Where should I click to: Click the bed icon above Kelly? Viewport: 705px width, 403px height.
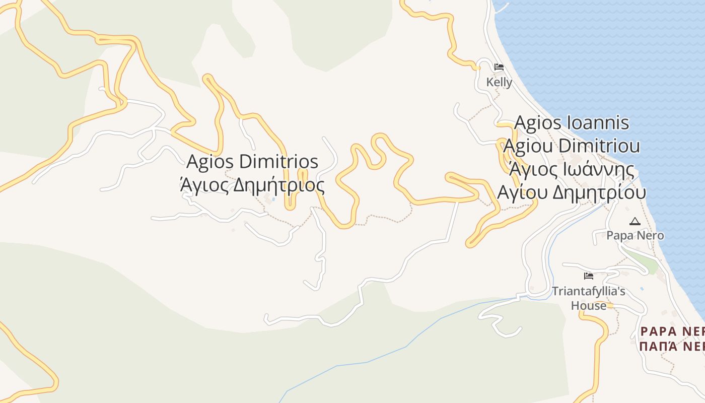coord(499,67)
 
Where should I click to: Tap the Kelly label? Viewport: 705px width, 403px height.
coord(499,82)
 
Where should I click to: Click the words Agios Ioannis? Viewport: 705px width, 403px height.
coord(572,123)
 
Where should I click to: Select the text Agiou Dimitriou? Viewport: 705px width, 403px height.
coord(572,146)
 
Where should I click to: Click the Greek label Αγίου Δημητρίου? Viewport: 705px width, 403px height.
coord(572,192)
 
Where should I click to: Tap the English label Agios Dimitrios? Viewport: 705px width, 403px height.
coord(252,162)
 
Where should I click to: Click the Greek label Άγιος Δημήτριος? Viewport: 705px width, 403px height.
coord(252,185)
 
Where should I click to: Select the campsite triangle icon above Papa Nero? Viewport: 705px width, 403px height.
coord(634,221)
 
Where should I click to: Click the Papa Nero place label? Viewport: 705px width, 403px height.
coord(635,235)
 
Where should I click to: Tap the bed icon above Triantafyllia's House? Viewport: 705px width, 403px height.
coord(588,276)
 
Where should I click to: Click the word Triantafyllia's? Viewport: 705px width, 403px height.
coord(588,291)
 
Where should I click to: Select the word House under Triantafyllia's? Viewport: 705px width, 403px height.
coord(588,306)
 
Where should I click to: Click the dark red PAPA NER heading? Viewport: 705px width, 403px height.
coord(672,331)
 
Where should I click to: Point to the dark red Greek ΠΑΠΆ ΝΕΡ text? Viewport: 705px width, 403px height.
coord(672,347)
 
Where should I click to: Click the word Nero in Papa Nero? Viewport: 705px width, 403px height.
coord(653,235)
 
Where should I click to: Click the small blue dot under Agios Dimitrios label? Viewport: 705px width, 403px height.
coord(273,199)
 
